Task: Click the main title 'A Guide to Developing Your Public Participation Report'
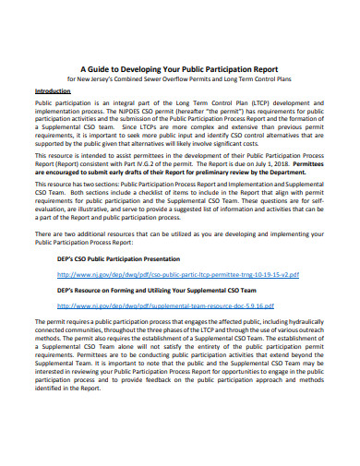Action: tap(180, 67)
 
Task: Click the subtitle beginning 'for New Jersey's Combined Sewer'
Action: tap(180, 78)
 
